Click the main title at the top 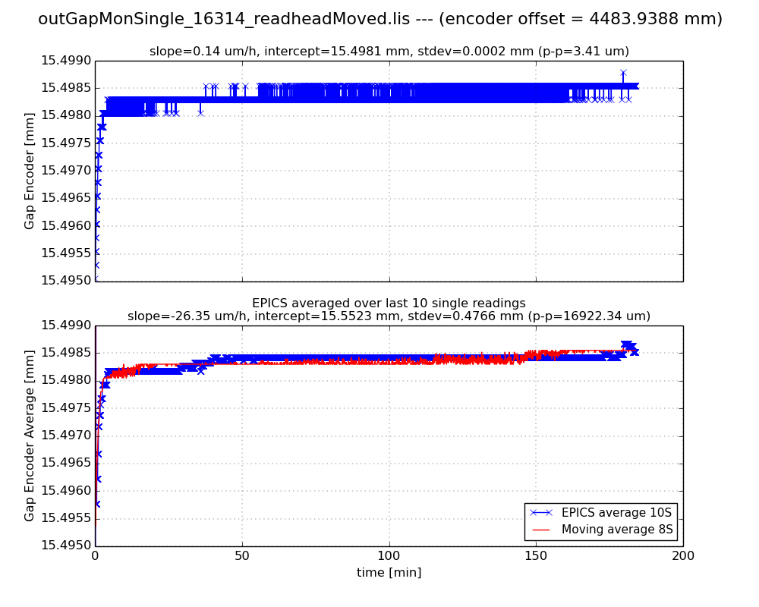[x=379, y=20]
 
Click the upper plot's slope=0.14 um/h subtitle [x=389, y=52]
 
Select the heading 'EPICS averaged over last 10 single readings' [x=389, y=303]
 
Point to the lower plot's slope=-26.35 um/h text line [x=389, y=316]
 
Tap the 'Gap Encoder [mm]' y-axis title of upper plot [x=30, y=171]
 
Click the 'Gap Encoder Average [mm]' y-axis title [x=30, y=436]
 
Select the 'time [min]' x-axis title [x=389, y=573]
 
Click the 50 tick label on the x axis [x=242, y=556]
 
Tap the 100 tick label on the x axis [x=389, y=556]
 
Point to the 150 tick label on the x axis [x=536, y=556]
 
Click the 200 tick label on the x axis [x=683, y=556]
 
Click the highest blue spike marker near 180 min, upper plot [x=623, y=73]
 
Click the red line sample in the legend [x=540, y=529]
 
